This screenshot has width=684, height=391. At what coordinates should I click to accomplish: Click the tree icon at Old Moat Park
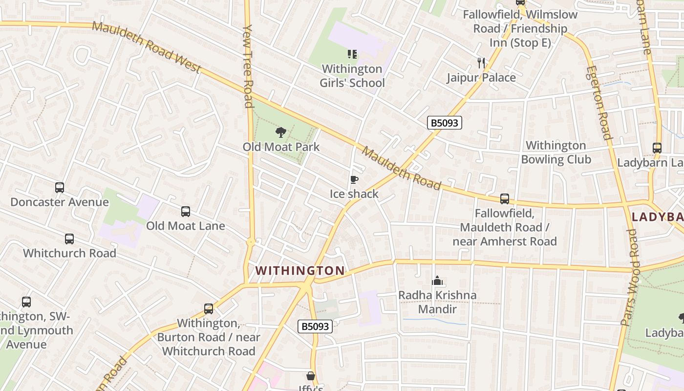click(x=280, y=132)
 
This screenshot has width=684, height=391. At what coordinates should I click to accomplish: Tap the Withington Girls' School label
click(x=352, y=76)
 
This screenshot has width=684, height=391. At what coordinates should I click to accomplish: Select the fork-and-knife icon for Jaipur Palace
click(x=481, y=63)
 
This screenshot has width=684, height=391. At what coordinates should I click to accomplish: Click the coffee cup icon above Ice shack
click(x=354, y=180)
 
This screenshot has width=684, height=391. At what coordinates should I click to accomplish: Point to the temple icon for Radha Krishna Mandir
click(x=437, y=281)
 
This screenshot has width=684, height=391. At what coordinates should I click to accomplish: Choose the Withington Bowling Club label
click(x=556, y=152)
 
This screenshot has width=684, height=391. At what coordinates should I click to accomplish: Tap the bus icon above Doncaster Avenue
click(x=59, y=188)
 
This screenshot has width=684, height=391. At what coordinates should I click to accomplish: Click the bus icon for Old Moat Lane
click(x=186, y=212)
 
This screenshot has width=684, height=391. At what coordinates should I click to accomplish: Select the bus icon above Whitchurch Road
click(x=69, y=239)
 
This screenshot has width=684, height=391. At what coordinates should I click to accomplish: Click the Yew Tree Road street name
click(x=248, y=66)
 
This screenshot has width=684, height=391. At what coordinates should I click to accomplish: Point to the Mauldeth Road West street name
click(x=147, y=47)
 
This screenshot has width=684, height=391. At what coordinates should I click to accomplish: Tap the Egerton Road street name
click(x=599, y=103)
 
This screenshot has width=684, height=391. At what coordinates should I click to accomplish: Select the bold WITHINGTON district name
click(x=300, y=270)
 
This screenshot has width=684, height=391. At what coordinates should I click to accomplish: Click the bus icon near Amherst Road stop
click(x=505, y=199)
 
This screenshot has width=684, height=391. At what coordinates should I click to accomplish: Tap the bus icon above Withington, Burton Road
click(x=209, y=309)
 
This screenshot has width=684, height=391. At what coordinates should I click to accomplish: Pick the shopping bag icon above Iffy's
click(x=311, y=376)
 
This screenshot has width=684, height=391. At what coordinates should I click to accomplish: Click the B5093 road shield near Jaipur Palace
click(x=445, y=123)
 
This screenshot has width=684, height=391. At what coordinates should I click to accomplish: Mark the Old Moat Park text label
click(x=281, y=147)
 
